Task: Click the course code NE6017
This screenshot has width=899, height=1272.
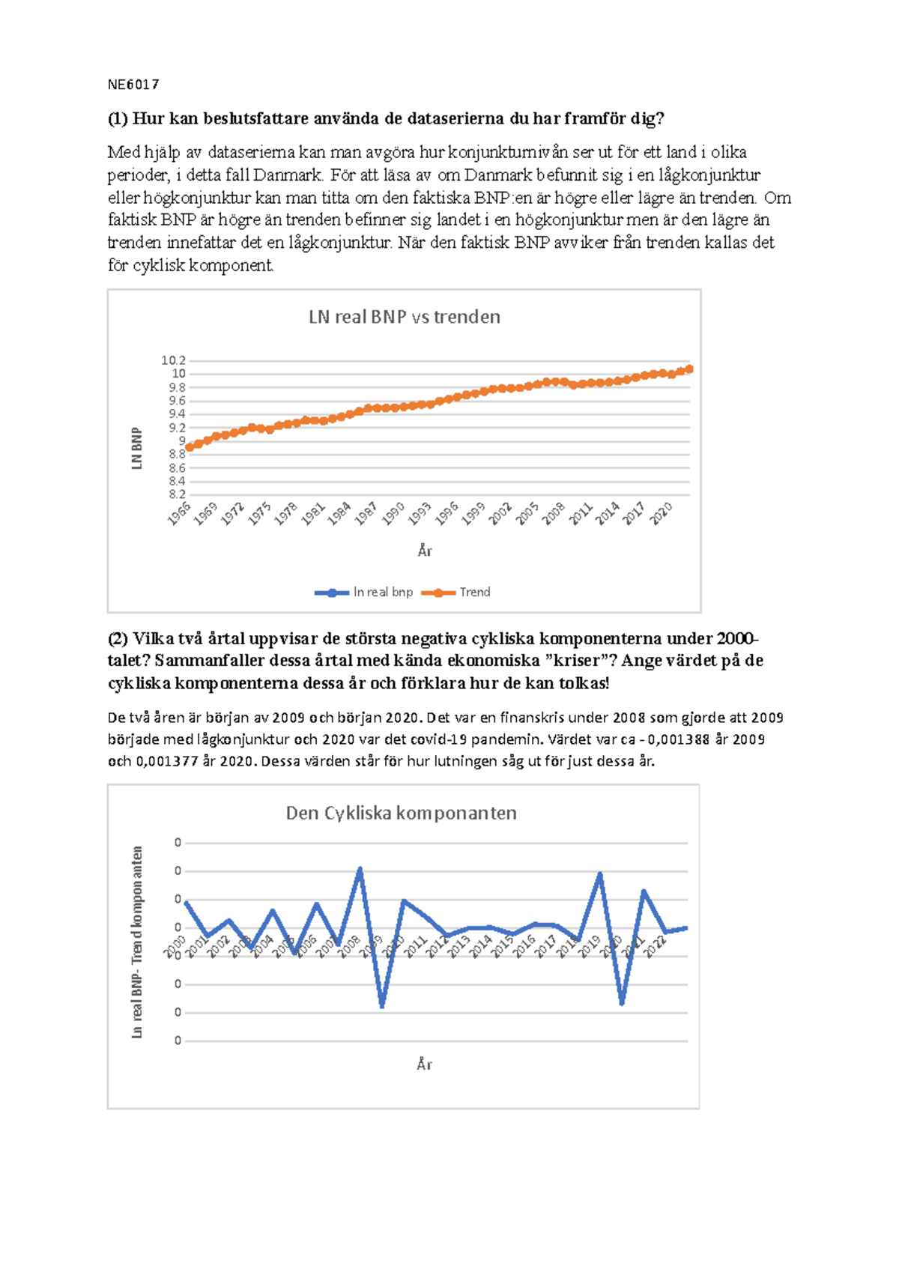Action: [x=133, y=85]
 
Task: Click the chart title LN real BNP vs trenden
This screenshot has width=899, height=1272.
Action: [x=404, y=317]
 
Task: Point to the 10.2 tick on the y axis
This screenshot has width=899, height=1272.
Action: [x=174, y=360]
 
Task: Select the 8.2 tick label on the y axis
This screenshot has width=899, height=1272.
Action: [x=177, y=494]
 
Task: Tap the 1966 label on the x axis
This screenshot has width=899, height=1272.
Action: [x=180, y=514]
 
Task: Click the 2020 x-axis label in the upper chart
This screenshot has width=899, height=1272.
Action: [x=662, y=514]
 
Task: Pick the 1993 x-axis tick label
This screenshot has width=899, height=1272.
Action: [x=420, y=514]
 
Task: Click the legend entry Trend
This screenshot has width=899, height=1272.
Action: [x=474, y=592]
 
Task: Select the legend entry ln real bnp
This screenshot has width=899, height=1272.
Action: [x=383, y=592]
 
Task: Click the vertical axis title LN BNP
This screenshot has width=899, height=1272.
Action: [x=136, y=449]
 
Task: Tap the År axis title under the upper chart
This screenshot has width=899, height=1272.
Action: [x=425, y=551]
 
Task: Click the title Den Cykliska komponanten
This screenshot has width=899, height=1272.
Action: [x=401, y=814]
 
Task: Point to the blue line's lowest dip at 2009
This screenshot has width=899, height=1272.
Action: [x=382, y=1006]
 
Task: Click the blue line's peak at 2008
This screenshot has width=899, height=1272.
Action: [x=360, y=869]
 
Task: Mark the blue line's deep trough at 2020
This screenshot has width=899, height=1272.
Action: [x=622, y=1003]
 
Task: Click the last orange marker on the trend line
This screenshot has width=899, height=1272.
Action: [x=689, y=369]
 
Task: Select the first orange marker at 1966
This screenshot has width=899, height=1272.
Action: [x=190, y=447]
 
